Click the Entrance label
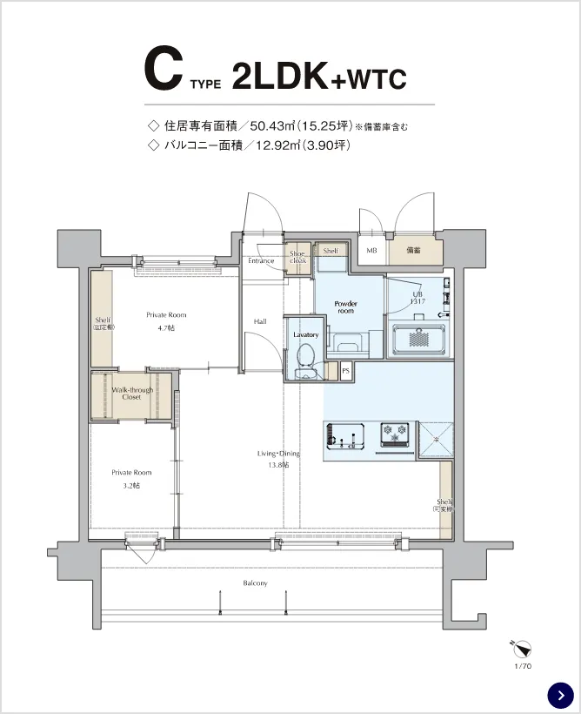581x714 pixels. (260, 260)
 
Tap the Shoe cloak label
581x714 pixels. (297, 257)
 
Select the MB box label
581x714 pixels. (371, 251)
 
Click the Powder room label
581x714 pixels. (345, 306)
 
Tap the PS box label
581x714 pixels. (345, 370)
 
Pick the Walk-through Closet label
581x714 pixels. (131, 393)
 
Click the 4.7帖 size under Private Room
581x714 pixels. (165, 327)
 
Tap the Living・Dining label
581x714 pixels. (277, 453)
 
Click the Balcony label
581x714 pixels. (255, 583)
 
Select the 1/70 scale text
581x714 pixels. (522, 666)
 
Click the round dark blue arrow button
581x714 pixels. (560, 694)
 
